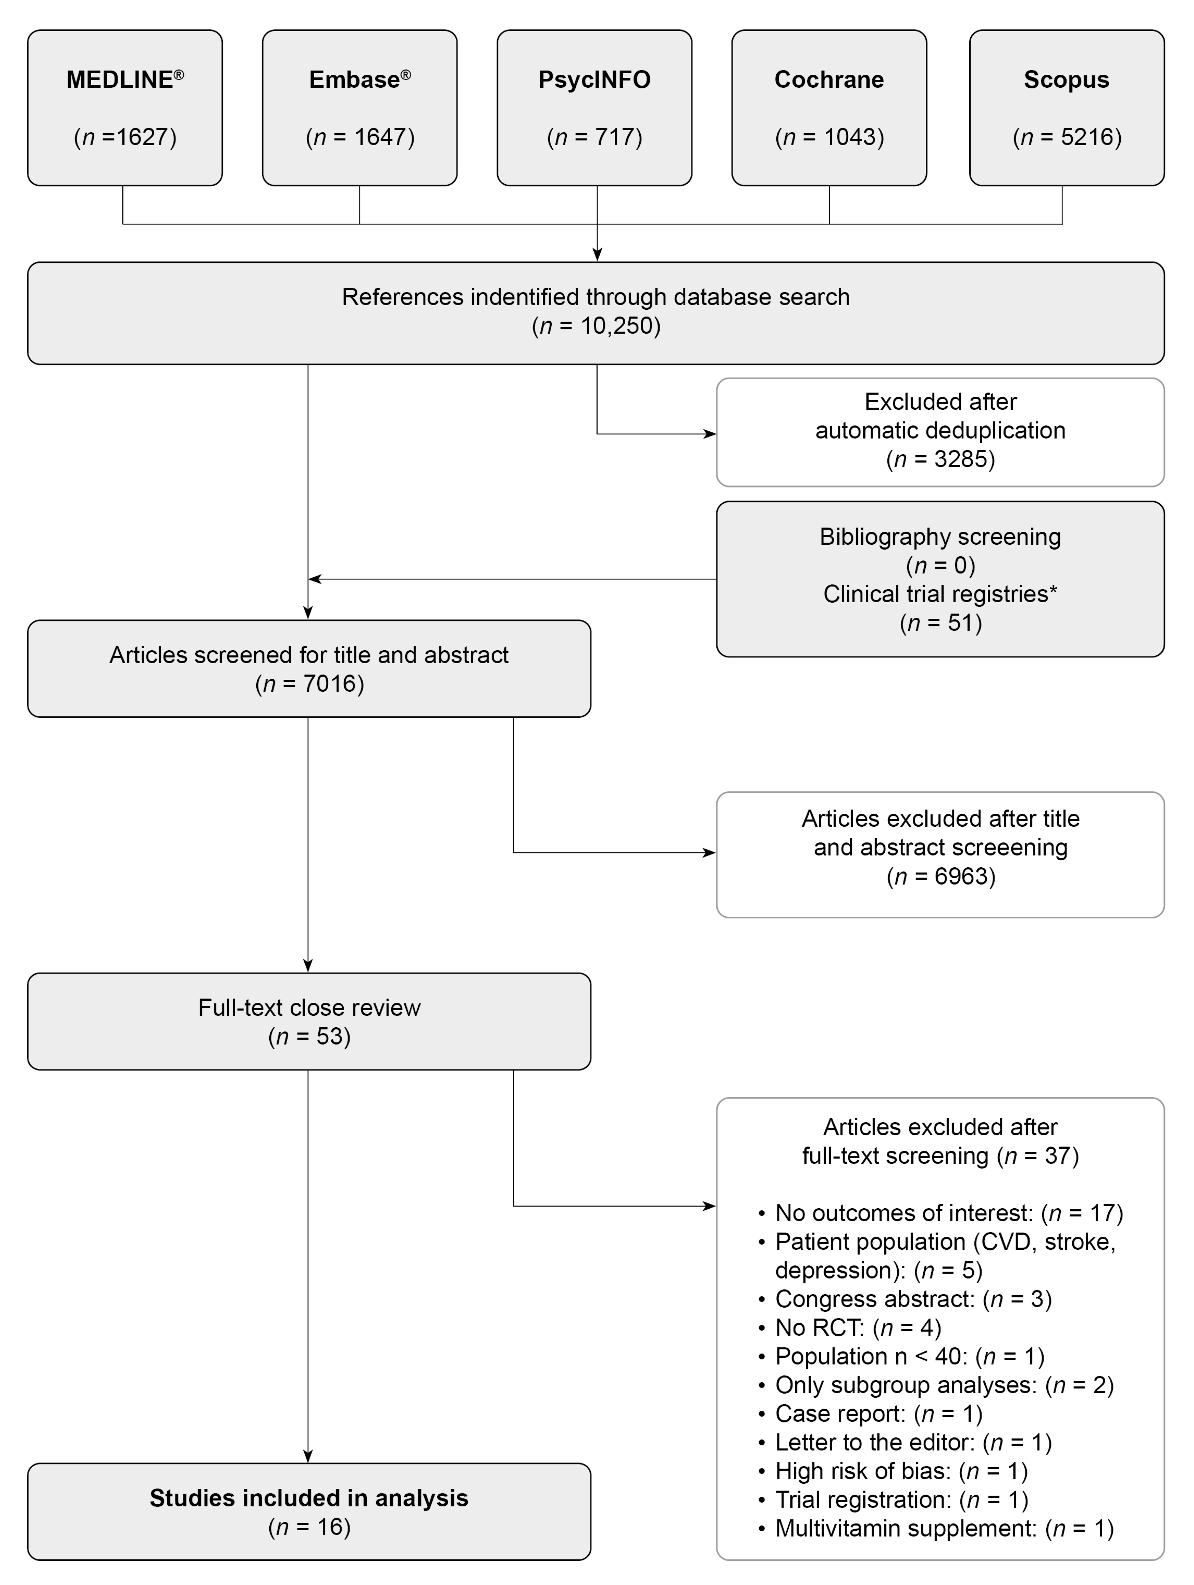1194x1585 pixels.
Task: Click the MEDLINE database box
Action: tap(124, 107)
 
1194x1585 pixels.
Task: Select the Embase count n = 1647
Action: tap(359, 137)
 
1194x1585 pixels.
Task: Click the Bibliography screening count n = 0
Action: tap(940, 565)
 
